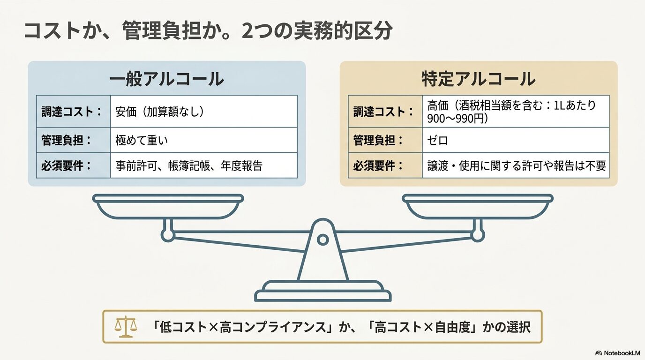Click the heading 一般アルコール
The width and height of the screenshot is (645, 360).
click(x=166, y=79)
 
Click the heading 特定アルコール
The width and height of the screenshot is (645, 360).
click(x=478, y=79)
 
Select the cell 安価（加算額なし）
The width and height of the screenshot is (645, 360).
click(x=203, y=111)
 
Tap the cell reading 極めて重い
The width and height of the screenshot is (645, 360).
click(x=203, y=140)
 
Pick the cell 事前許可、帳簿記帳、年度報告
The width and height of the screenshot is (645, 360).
click(x=203, y=165)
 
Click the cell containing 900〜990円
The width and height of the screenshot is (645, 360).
click(x=516, y=111)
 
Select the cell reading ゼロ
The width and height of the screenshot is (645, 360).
click(x=516, y=140)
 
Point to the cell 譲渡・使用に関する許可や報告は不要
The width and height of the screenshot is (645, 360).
click(x=516, y=165)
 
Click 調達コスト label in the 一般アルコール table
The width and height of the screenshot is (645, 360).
click(x=71, y=112)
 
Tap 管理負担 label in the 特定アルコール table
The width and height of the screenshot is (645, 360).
click(x=378, y=140)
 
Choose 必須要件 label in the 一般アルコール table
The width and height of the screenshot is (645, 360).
click(x=66, y=165)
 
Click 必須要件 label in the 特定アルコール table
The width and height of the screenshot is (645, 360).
click(x=378, y=165)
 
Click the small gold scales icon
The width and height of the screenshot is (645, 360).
click(x=126, y=327)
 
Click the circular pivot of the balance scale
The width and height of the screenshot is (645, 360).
click(x=323, y=240)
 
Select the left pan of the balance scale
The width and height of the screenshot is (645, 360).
click(x=168, y=206)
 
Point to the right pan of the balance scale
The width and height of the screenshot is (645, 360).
click(x=477, y=206)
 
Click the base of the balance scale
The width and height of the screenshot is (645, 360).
click(x=323, y=291)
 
